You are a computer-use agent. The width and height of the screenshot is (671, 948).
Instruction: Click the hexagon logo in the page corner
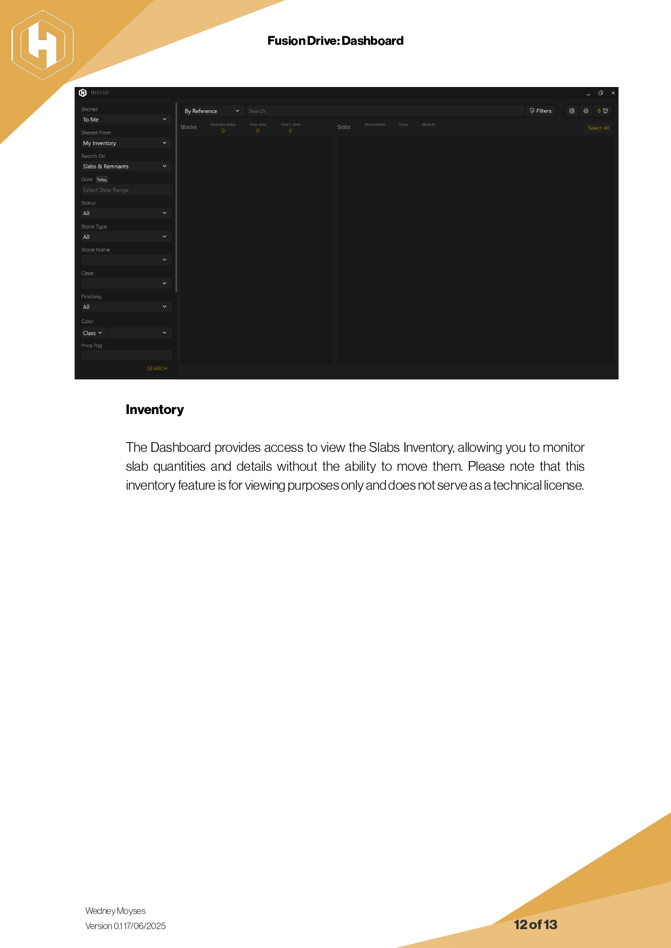coord(42,45)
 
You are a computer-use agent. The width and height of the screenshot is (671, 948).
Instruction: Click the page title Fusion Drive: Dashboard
coord(335,41)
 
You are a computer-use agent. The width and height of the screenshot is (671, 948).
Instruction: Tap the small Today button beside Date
coord(102,179)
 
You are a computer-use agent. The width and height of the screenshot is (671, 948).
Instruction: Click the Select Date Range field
coord(126,190)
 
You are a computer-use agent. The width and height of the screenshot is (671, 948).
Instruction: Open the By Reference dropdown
coord(211,111)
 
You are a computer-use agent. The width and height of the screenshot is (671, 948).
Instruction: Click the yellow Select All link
coord(598,128)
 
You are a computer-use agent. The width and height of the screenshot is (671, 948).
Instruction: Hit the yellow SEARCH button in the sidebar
coord(157,369)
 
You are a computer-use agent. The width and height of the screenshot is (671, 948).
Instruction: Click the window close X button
coord(613,93)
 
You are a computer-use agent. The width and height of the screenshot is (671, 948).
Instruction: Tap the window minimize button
coord(588,94)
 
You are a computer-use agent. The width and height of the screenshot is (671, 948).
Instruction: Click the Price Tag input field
coord(126,355)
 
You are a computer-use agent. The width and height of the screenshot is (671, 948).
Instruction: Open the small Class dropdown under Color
coord(92,333)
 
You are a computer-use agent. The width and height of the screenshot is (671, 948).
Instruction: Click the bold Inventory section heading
coord(155,410)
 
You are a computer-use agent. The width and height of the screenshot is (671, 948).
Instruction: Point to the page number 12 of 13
coord(535,925)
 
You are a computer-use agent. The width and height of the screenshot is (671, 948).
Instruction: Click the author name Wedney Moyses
coord(115,911)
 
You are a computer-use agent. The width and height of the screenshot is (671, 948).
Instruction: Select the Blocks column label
coord(189,128)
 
